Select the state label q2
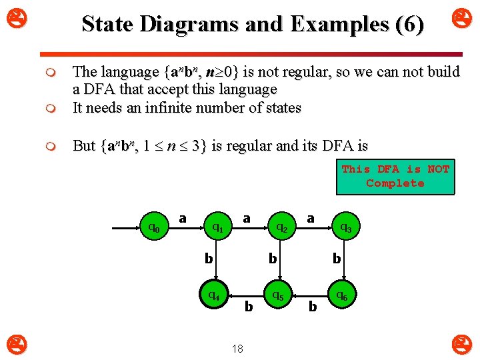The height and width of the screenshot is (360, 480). (282, 228)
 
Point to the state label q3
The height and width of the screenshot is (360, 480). (346, 228)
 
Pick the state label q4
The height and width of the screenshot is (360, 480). (215, 293)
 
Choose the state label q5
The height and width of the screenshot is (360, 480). (277, 294)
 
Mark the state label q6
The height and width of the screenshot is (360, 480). (341, 294)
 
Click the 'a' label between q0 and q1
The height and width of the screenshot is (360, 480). (183, 218)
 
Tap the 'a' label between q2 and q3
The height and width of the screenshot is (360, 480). (311, 218)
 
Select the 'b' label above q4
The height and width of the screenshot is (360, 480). (209, 257)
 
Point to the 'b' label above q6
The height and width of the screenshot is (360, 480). (337, 257)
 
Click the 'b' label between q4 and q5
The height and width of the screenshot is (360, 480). (249, 307)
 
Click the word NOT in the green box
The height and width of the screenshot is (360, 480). (438, 169)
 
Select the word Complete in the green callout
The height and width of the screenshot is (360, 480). (395, 183)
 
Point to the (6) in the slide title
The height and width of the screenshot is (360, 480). (409, 25)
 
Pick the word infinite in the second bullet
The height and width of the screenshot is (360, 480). (171, 108)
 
